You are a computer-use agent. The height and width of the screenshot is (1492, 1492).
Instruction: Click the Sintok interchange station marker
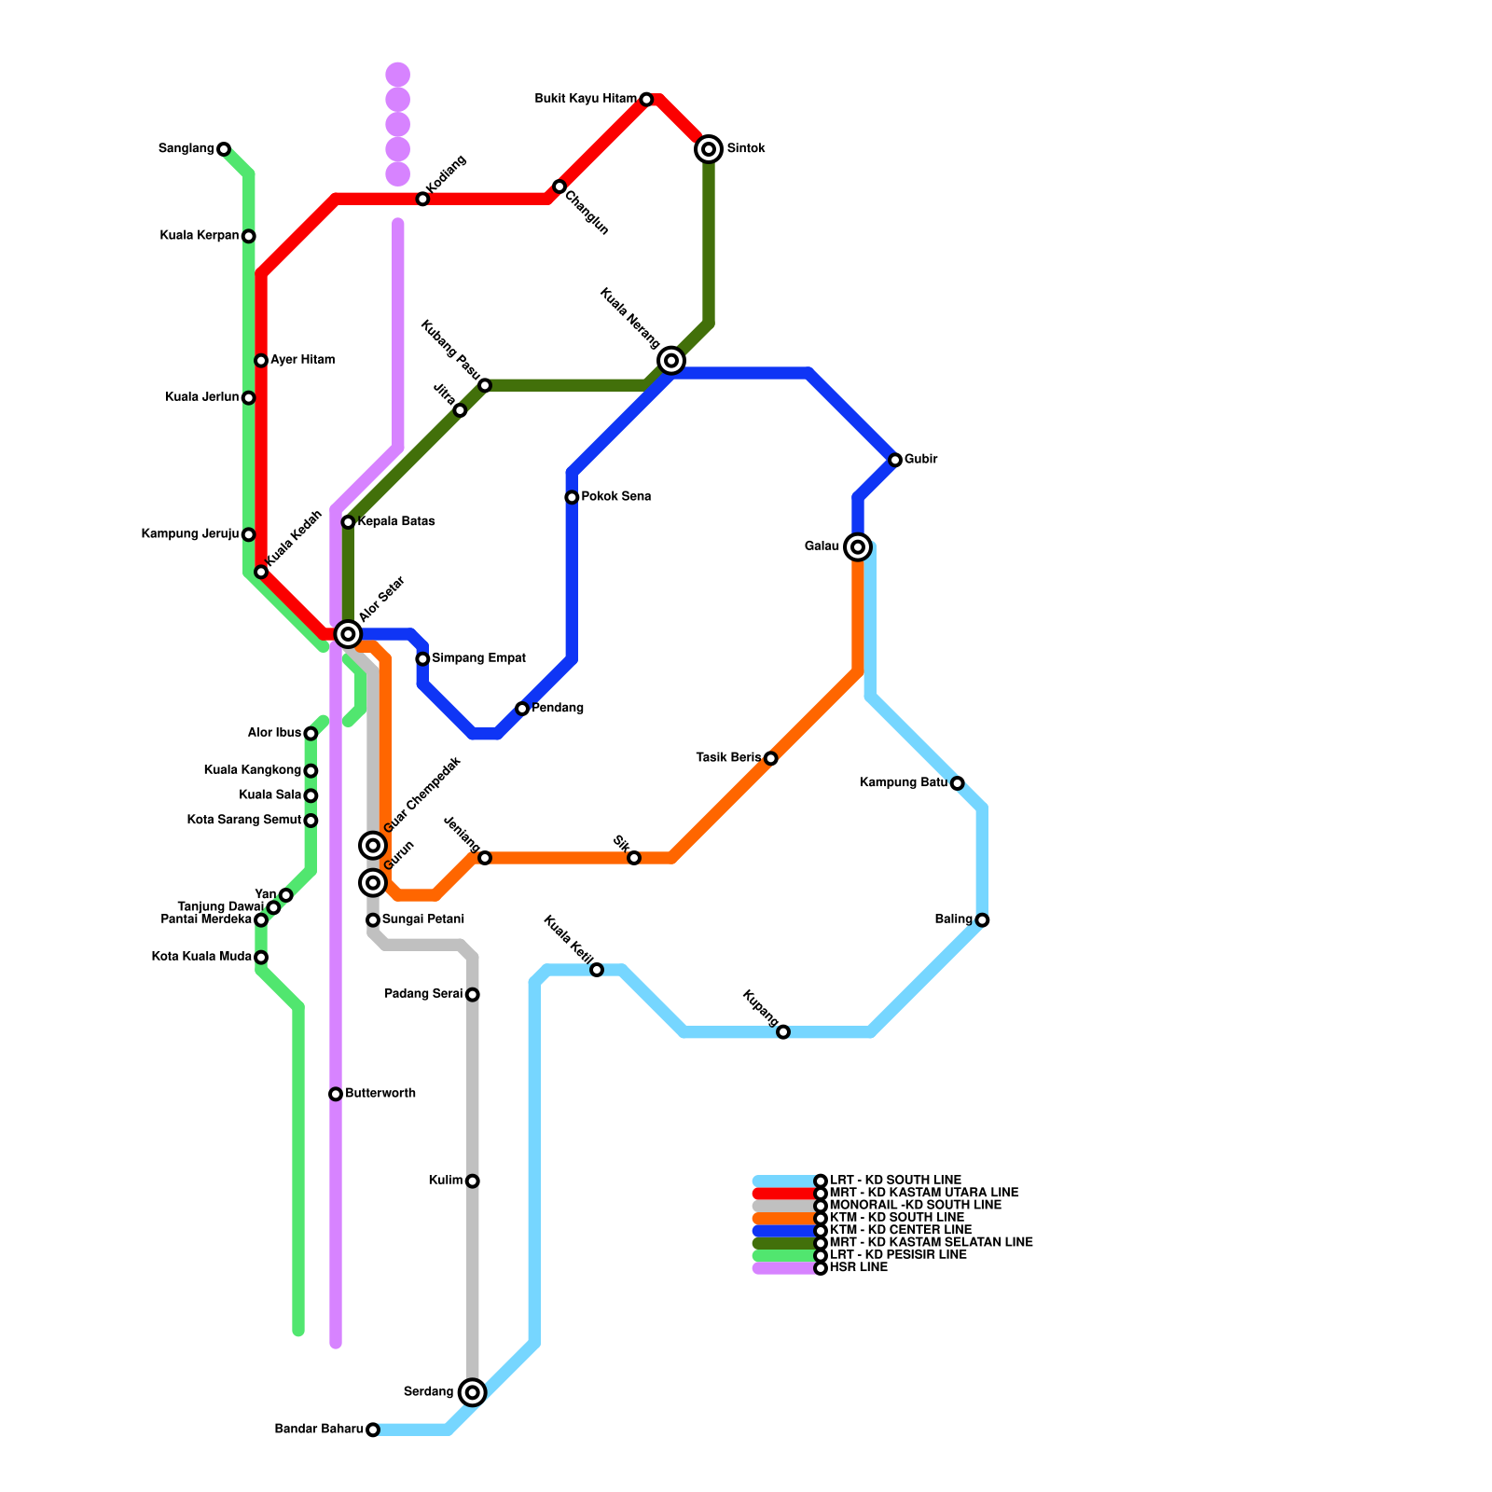point(709,149)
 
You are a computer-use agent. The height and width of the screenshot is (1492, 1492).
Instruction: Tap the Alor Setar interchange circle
point(348,634)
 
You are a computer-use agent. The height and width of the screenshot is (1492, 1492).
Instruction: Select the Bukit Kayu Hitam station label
point(586,99)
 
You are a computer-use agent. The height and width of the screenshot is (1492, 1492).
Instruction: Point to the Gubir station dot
point(895,460)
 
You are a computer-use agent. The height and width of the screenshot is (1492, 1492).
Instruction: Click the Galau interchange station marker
point(858,547)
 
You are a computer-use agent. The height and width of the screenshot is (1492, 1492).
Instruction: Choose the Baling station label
point(953,919)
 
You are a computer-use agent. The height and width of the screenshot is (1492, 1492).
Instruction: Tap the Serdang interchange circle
point(473,1392)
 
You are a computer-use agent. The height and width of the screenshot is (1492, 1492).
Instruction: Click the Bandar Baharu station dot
point(373,1430)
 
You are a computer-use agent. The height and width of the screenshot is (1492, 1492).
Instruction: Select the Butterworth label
point(380,1093)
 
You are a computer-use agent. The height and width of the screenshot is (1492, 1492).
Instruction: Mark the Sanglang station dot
point(224,149)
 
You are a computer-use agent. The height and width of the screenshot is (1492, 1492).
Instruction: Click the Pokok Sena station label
point(615,497)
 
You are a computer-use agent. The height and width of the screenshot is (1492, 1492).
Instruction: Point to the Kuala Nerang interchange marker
point(671,360)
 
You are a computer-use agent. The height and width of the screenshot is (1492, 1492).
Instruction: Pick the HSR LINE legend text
point(858,1267)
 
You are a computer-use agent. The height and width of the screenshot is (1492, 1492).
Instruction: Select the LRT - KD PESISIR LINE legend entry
point(897,1255)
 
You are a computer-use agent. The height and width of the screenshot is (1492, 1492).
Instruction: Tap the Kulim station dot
point(473,1181)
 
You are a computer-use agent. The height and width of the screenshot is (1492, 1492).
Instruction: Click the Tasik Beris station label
point(728,757)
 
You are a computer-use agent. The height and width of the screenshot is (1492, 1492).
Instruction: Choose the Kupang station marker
point(783,1031)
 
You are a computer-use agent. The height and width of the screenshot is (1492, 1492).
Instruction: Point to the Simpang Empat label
point(478,658)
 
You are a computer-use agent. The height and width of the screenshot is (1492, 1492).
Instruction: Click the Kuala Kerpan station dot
point(249,236)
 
